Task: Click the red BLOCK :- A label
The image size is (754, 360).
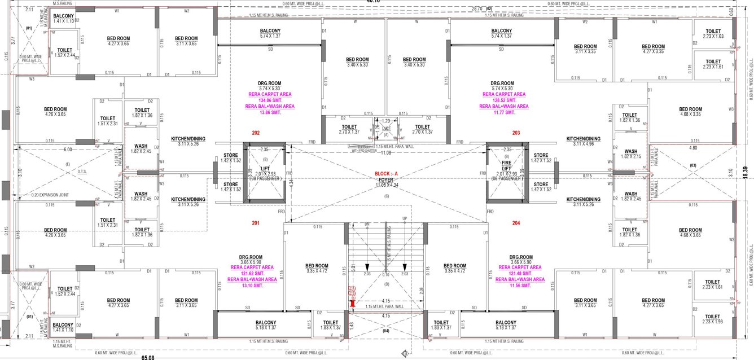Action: (387, 174)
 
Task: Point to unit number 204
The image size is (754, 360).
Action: (516, 223)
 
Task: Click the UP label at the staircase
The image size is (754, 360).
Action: (404, 218)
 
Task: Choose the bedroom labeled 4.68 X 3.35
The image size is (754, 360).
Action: (690, 112)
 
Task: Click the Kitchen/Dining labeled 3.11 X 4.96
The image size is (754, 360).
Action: (584, 141)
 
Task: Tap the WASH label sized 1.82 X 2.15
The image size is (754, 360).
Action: (630, 153)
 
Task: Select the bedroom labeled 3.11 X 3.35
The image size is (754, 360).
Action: (585, 49)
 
